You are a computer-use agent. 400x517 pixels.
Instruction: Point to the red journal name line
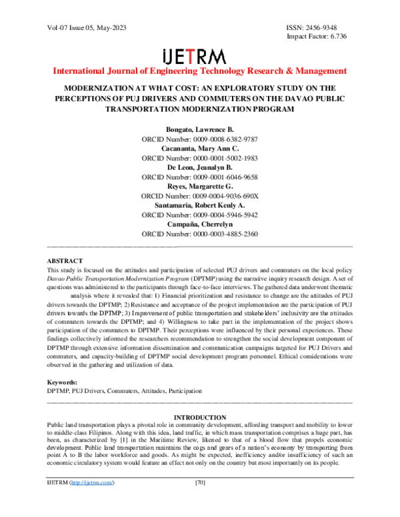pos(199,71)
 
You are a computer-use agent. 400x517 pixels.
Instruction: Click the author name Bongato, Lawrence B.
pos(200,129)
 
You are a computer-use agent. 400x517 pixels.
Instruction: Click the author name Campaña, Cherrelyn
pos(200,225)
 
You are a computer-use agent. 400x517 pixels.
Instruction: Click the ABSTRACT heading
pos(65,260)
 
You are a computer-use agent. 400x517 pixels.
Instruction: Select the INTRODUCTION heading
pos(199,417)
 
